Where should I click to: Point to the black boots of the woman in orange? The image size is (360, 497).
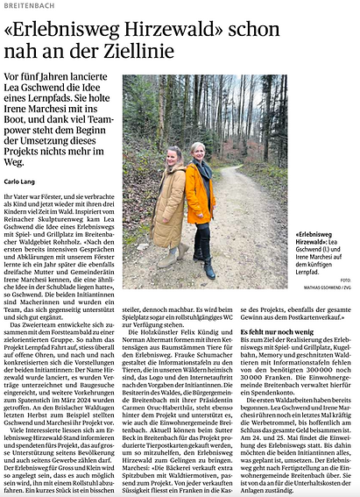click(x=207, y=268)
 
